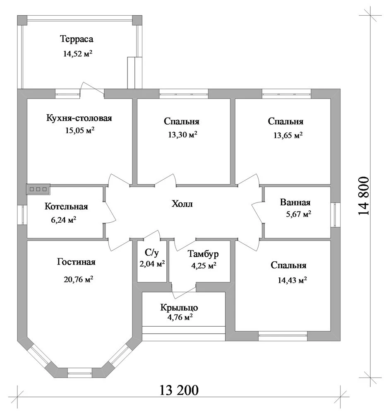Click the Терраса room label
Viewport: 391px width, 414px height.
point(77,39)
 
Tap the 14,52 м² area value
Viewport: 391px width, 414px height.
point(77,54)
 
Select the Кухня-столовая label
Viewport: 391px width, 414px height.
point(79,118)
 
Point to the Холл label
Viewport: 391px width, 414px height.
point(182,204)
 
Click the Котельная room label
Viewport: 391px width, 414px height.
point(66,206)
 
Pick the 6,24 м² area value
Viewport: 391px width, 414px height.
point(64,219)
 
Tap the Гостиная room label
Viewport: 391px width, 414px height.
point(76,262)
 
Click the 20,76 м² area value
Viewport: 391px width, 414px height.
point(78,279)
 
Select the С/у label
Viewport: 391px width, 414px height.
point(152,253)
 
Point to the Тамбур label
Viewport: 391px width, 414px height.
point(203,254)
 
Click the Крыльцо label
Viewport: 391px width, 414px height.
point(179,308)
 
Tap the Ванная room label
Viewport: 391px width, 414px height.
point(295,202)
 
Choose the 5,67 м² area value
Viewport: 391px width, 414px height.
point(298,214)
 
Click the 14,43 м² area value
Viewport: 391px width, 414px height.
point(292,280)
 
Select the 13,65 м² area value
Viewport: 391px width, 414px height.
point(288,135)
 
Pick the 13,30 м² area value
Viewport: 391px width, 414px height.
point(182,135)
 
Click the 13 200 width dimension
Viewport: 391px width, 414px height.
point(179,390)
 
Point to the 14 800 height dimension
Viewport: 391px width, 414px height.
point(363,196)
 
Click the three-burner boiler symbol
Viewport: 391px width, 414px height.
point(38,189)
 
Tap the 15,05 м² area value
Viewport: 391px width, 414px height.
point(80,130)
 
